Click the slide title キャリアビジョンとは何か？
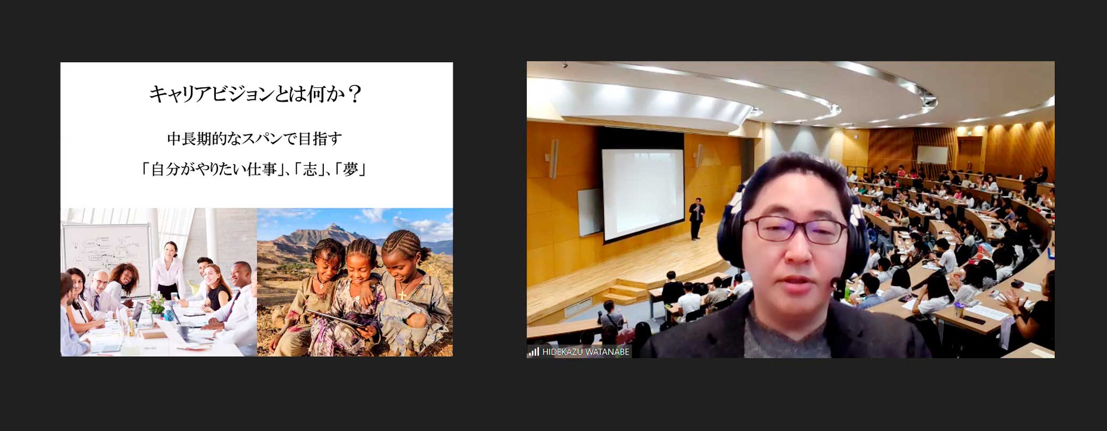[x=256, y=95]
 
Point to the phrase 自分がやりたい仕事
[x=214, y=170]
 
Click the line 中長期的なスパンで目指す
[x=255, y=139]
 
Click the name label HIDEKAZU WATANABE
[x=585, y=352]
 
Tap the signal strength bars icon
[x=533, y=352]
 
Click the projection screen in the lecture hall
[x=642, y=194]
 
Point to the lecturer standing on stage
[x=697, y=218]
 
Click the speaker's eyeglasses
[x=794, y=229]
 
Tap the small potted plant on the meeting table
[x=156, y=305]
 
